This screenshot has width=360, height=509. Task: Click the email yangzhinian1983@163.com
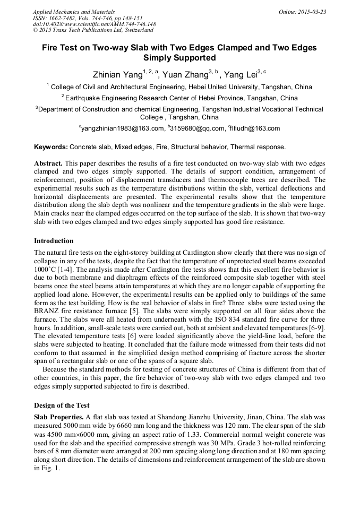tap(123, 128)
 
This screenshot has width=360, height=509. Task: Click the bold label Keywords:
tap(51, 146)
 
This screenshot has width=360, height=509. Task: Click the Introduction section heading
tap(54, 241)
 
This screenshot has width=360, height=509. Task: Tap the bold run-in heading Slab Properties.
tap(58, 417)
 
